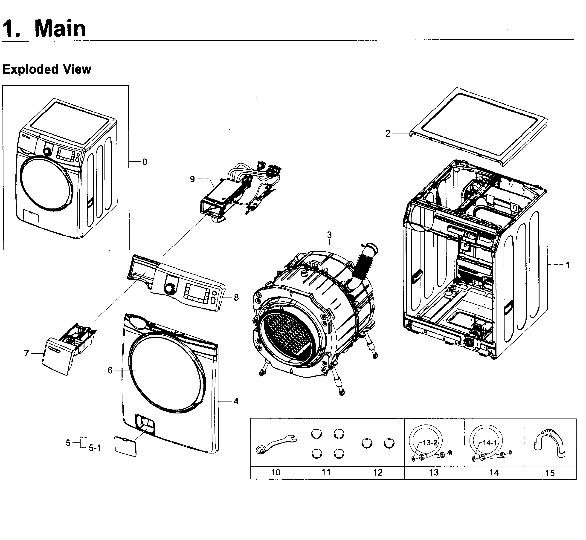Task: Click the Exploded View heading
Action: [47, 69]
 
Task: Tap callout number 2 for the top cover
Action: [388, 133]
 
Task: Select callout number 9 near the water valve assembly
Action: [192, 179]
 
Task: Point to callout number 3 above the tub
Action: [329, 235]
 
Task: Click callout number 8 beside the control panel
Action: [236, 297]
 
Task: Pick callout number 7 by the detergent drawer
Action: [26, 354]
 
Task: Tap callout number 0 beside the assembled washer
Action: [144, 162]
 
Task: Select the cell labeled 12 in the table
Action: [378, 473]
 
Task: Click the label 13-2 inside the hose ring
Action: [430, 443]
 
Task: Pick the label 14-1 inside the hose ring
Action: [490, 443]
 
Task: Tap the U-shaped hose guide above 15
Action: [549, 441]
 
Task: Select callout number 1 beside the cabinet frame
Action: [568, 265]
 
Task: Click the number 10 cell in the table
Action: [276, 473]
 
